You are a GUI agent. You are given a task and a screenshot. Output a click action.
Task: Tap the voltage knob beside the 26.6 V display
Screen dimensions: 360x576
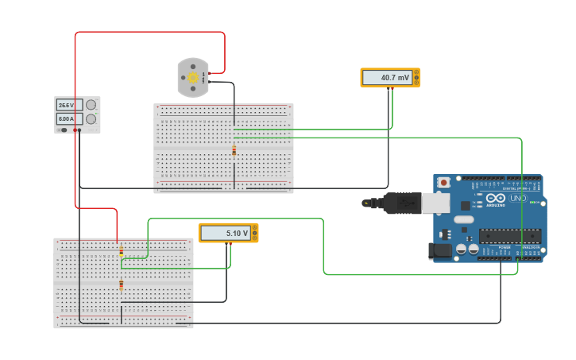coord(91,105)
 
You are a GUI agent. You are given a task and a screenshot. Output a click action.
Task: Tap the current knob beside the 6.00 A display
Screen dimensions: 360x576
coord(91,118)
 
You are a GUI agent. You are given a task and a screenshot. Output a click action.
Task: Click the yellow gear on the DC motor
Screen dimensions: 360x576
coord(192,78)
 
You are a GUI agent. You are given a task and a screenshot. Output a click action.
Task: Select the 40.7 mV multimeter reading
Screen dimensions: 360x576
coord(389,78)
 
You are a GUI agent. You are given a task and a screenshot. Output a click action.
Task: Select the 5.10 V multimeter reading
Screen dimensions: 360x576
coord(227,233)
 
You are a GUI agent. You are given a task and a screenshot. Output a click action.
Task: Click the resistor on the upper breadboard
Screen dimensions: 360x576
coord(234,150)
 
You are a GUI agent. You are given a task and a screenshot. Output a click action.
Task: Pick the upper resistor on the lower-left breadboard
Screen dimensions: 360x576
coord(122,252)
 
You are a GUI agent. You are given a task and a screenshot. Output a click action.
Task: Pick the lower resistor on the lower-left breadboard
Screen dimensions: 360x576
coord(122,285)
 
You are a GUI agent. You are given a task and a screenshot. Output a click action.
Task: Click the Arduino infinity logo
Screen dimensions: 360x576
coord(495,198)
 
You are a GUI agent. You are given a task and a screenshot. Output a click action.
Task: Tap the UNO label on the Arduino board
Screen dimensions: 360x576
coord(517,198)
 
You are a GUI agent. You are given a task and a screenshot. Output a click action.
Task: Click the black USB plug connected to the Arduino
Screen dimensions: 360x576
coord(400,203)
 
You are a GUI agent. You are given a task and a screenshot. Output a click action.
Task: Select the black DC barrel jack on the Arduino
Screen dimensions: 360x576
coord(439,251)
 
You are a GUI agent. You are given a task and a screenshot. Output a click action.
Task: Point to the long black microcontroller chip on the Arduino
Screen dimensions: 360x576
coord(510,236)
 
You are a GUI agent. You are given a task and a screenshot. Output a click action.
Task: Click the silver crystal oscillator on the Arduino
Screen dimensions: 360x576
coord(464,219)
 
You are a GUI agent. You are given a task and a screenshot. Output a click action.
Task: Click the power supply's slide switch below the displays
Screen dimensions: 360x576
coord(63,130)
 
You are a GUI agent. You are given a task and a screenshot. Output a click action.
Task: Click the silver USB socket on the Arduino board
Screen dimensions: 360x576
coord(435,203)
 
